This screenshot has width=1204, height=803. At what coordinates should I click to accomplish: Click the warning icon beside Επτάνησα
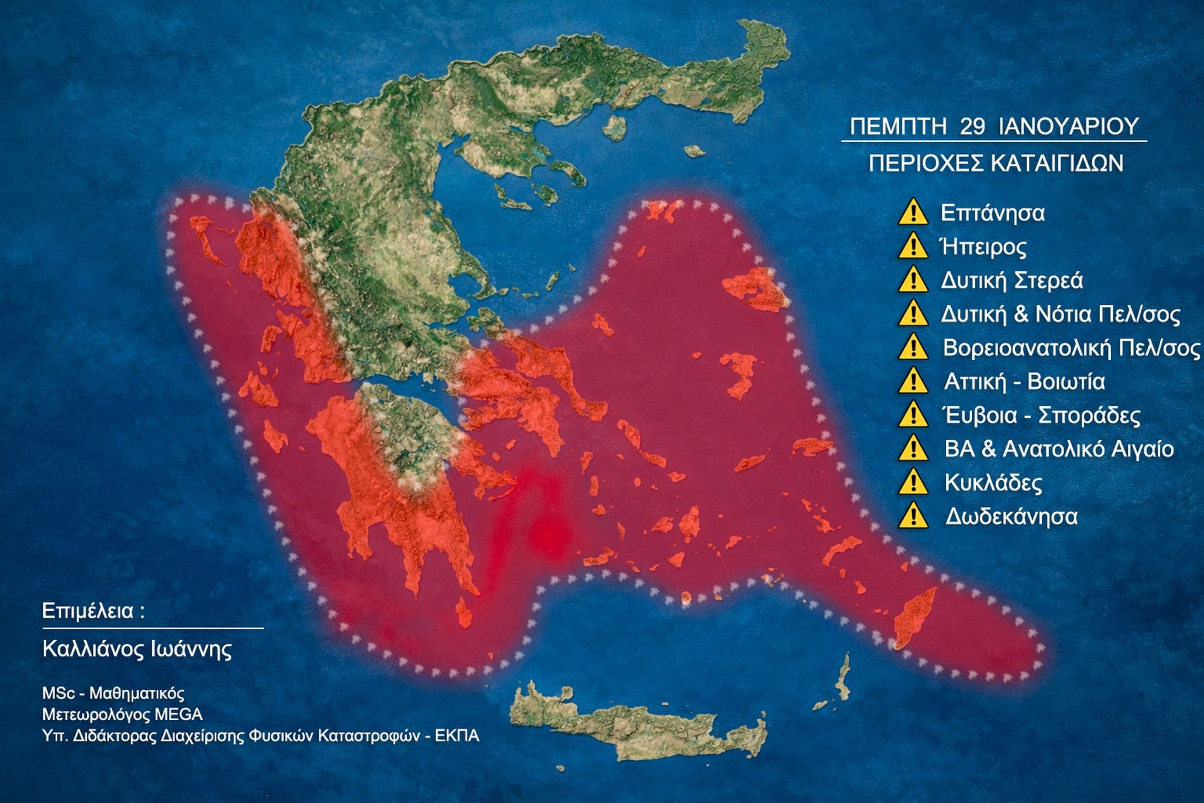[x=913, y=212]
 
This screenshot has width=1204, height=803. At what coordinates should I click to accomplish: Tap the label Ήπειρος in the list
[x=984, y=247]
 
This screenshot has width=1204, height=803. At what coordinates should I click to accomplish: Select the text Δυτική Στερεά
[x=1011, y=280]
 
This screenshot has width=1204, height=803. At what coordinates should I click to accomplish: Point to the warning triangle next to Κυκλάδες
[x=913, y=482]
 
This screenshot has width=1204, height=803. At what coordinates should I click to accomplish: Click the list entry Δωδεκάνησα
[x=1011, y=517]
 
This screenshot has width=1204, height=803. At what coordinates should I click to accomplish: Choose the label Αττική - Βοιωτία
[x=1024, y=382]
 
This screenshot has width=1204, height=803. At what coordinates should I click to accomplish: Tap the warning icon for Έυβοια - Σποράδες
[x=913, y=415]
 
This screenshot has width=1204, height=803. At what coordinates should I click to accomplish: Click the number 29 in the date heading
[x=972, y=126]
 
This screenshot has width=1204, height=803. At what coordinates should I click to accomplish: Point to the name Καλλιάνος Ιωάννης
[x=137, y=648]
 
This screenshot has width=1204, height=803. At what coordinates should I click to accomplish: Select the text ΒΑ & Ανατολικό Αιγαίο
[x=1059, y=449]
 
